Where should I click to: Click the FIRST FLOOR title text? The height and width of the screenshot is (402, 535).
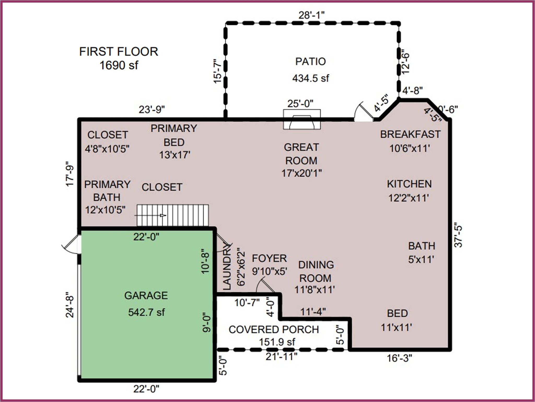coord(119,51)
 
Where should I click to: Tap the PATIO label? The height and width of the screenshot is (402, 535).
coord(310,62)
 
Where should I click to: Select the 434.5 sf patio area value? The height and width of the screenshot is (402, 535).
coord(310,78)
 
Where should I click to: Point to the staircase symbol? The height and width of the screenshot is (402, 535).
coord(173,215)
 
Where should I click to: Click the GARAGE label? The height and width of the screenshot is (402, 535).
coord(146,295)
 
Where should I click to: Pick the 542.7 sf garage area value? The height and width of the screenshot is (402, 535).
coord(146,312)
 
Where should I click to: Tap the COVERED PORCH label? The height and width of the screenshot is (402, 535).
coord(274,330)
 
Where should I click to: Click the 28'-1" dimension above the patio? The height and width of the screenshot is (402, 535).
coord(311,15)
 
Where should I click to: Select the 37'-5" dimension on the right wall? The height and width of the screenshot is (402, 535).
coord(458,235)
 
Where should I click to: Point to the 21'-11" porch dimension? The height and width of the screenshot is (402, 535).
coord(281,357)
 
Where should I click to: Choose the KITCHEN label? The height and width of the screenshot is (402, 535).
coord(409,184)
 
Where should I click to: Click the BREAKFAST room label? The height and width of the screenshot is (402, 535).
coord(410,134)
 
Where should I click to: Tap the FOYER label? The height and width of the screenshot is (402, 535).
coord(269,258)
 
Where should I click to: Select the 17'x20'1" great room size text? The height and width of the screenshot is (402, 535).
coord(301,173)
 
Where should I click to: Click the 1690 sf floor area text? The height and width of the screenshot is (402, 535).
coord(119,65)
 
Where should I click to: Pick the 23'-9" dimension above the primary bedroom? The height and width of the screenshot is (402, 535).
coord(152,110)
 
